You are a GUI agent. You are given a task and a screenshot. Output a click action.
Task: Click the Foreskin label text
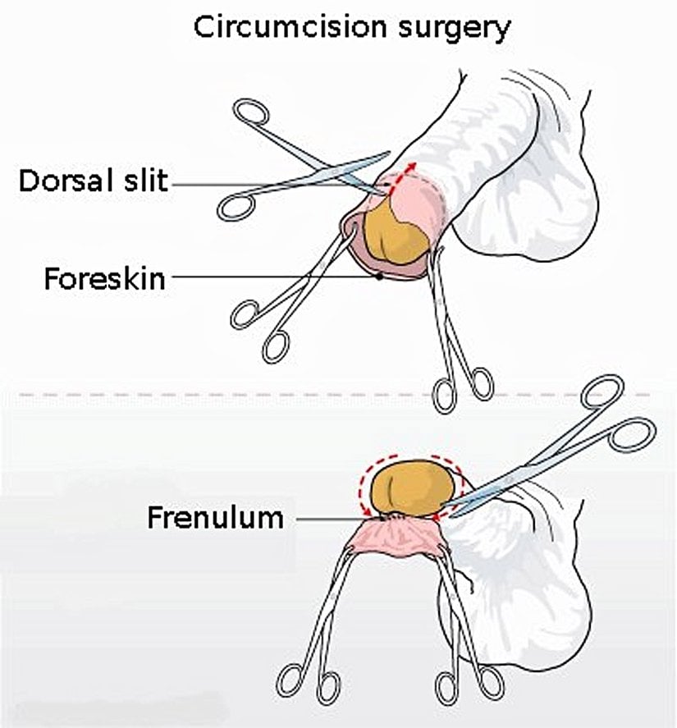104,279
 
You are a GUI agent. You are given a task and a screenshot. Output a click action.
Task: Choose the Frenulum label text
216,518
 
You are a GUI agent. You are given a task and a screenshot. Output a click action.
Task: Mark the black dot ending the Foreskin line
379,277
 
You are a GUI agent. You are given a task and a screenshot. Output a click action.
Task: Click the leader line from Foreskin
271,277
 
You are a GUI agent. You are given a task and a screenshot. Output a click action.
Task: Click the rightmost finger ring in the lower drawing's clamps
490,680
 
